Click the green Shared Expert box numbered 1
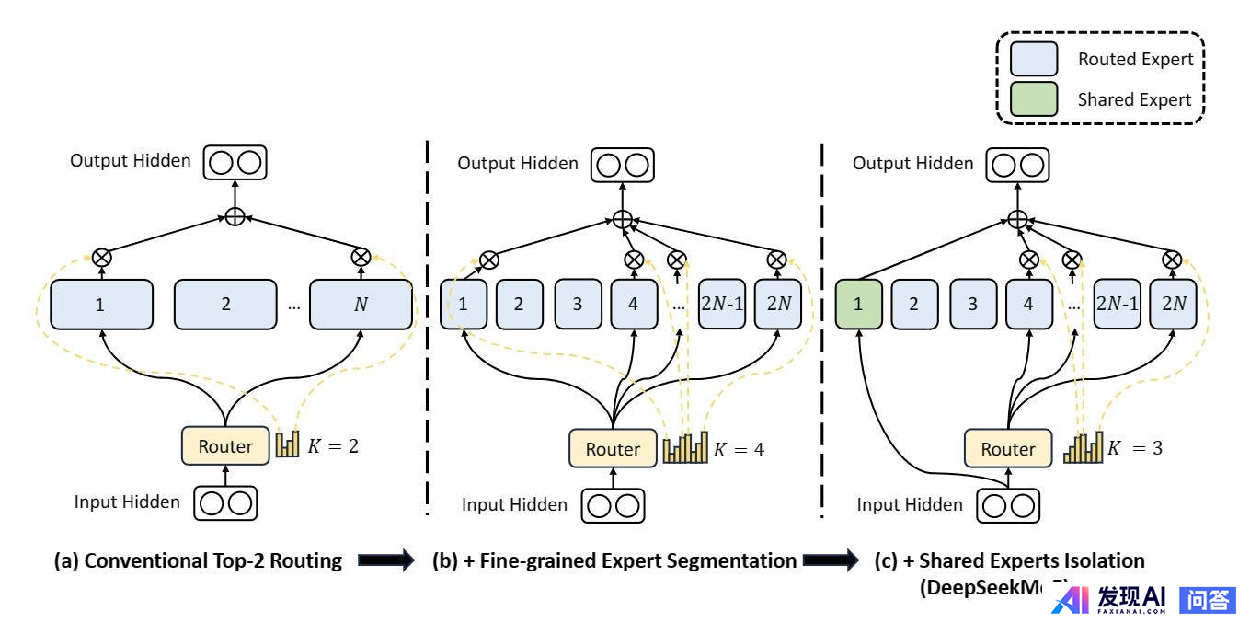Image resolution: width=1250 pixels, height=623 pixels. point(859,303)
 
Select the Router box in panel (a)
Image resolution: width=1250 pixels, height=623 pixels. point(225,446)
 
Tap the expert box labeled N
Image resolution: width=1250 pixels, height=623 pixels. point(361,303)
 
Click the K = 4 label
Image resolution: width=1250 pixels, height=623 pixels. point(739,450)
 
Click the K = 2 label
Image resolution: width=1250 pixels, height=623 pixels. point(333,446)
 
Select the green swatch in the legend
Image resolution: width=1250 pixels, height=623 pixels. point(1035,99)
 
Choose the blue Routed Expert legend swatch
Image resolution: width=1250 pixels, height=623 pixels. point(1035,60)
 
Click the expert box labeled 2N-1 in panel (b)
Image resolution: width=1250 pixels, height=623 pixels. point(722,303)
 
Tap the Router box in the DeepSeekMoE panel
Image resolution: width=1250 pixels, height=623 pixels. point(1008,449)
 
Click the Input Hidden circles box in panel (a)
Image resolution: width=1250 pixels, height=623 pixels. point(225,502)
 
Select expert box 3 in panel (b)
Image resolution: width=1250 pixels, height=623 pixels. point(578,303)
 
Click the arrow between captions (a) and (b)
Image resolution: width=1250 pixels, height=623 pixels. point(385,561)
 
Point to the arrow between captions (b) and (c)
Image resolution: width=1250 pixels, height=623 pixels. point(831,561)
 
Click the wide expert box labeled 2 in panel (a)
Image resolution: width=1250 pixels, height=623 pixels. point(225,303)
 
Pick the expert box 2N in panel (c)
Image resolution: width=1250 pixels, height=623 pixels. point(1172,303)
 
